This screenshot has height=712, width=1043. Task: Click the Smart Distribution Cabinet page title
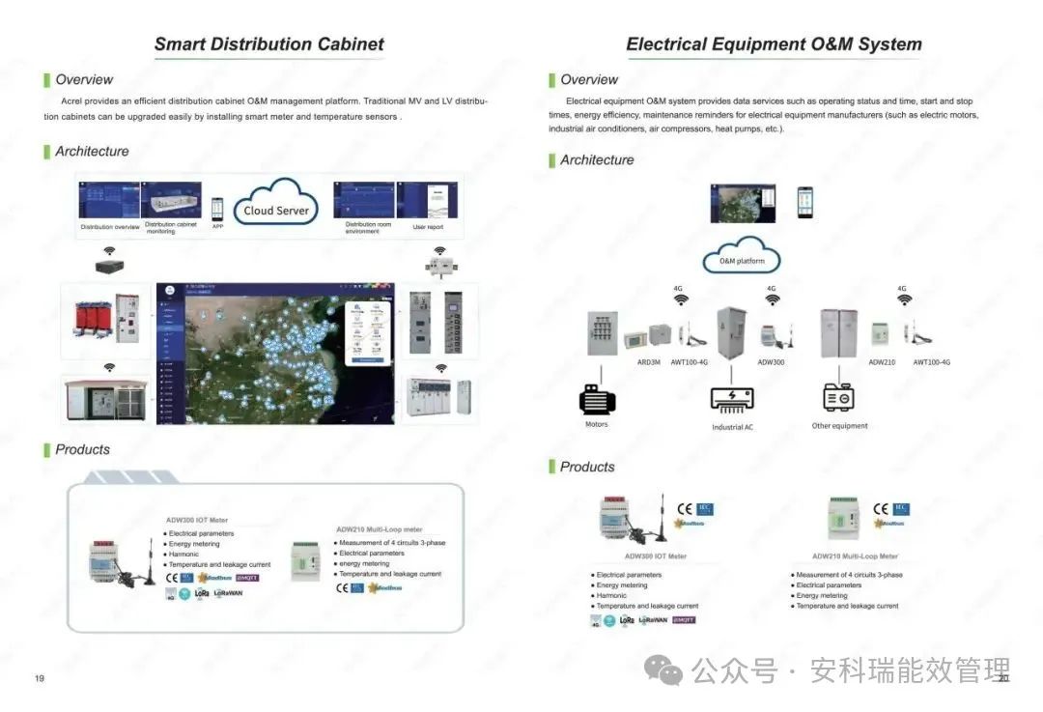[x=268, y=44]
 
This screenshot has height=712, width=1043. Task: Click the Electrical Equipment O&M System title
[x=774, y=44]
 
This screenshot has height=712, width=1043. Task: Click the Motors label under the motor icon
[x=596, y=424]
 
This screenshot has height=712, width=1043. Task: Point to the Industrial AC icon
[x=732, y=399]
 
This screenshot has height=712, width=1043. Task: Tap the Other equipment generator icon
[x=836, y=397]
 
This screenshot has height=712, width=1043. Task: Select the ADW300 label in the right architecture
[x=771, y=362]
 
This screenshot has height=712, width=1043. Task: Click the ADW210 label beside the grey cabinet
[x=882, y=362]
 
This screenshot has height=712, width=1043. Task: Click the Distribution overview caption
[x=109, y=227]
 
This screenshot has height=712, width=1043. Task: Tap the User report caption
[x=428, y=227]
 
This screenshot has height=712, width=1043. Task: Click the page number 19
[x=40, y=678]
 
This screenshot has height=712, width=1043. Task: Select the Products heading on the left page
[x=82, y=449]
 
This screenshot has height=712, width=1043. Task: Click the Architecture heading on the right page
[x=597, y=160]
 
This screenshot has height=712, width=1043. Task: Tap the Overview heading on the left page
[x=84, y=80]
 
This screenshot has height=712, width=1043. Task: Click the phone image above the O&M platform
[x=804, y=203]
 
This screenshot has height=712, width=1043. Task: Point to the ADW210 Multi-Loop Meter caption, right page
[x=855, y=556]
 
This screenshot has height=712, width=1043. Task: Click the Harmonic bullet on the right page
[x=612, y=596]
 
